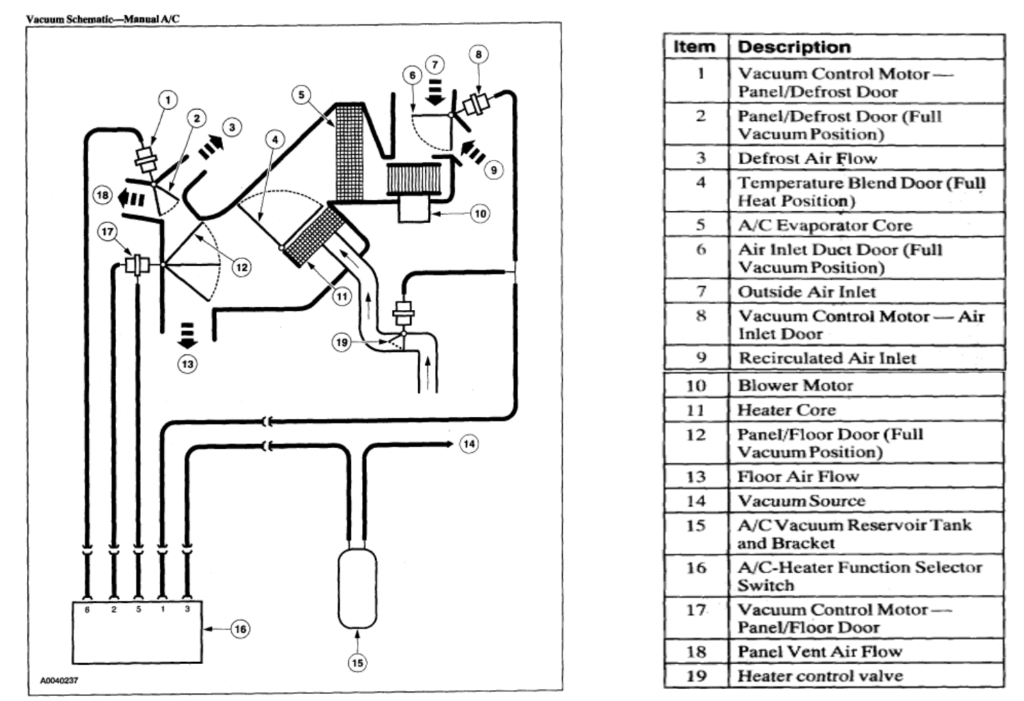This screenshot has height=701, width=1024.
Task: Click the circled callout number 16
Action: coord(240,629)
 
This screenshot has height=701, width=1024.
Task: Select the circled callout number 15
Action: coord(357,663)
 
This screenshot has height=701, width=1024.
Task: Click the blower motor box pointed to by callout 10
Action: coord(414,208)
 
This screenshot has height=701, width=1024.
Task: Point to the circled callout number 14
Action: coord(469,444)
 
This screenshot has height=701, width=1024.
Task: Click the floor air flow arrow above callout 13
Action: coord(187,335)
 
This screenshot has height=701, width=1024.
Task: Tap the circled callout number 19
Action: coord(341,343)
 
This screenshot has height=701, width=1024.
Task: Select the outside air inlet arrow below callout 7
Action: coord(436,91)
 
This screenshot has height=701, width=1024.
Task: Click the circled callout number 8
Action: coord(478,54)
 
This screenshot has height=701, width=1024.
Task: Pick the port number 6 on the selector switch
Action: coord(87,609)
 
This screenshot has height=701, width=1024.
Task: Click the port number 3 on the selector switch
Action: coord(187,609)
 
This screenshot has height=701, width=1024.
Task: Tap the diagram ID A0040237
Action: coord(59,681)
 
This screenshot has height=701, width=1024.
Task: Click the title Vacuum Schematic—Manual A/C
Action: coord(102,19)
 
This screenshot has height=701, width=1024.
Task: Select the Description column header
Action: coord(794,47)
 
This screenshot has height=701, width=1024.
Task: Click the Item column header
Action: coord(694,47)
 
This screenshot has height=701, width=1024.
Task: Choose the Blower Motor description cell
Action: coord(795,386)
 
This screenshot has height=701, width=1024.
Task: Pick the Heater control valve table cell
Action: coord(820,676)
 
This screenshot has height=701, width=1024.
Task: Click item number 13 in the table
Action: coord(696,477)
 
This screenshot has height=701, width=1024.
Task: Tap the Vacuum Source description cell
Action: coord(801,501)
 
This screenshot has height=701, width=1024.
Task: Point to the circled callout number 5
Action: coord(301,95)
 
